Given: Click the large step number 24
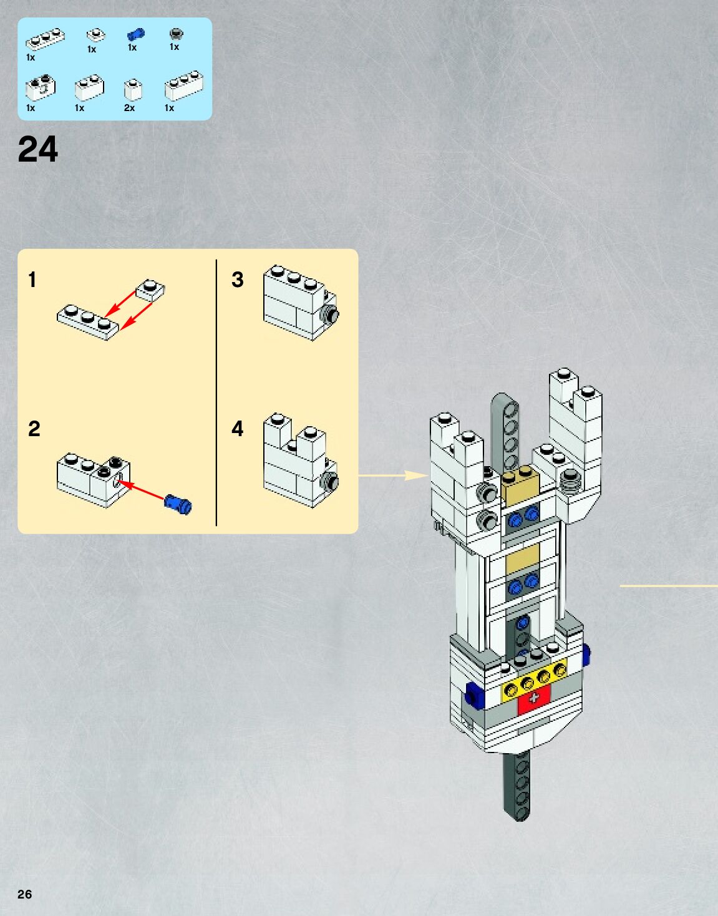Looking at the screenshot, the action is (x=37, y=150).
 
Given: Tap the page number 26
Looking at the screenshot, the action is (x=24, y=894).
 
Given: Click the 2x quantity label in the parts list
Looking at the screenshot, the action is (x=129, y=108).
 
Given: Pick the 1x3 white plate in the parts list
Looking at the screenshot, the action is (x=45, y=39).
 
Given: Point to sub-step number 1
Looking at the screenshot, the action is (x=32, y=280).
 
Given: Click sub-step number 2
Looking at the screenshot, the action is (x=34, y=429).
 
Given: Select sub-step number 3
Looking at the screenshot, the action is (x=237, y=280).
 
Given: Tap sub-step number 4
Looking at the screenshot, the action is (x=237, y=429).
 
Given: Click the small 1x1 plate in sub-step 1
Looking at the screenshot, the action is (x=150, y=290).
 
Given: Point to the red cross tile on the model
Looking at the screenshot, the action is (x=534, y=699).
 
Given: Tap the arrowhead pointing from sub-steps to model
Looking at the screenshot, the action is (x=415, y=475).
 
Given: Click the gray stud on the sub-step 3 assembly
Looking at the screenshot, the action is (x=331, y=314).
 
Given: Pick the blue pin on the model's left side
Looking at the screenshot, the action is (x=474, y=694).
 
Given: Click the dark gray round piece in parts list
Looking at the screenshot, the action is (x=176, y=34).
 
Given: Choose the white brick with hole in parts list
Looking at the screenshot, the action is (x=41, y=88).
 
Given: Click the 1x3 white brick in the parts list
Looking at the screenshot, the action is (x=183, y=87).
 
